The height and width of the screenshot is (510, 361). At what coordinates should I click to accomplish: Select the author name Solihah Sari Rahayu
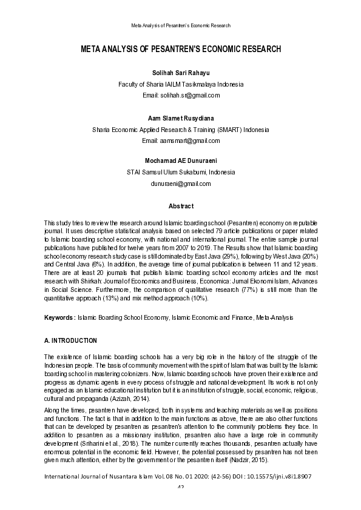180,73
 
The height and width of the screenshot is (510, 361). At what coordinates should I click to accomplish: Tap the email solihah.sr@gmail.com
180,95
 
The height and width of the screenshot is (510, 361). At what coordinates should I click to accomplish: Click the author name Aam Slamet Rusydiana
180,118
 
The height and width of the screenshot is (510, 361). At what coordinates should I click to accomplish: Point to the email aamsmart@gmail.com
180,141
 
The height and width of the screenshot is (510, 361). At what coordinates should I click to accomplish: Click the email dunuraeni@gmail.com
180,184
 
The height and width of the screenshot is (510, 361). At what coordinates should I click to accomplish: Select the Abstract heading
180,207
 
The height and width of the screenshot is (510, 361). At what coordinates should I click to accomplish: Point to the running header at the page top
180,25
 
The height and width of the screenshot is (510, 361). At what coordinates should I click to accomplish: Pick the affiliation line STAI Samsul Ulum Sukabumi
180,173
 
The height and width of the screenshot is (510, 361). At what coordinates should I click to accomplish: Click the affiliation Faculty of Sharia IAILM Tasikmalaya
180,84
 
